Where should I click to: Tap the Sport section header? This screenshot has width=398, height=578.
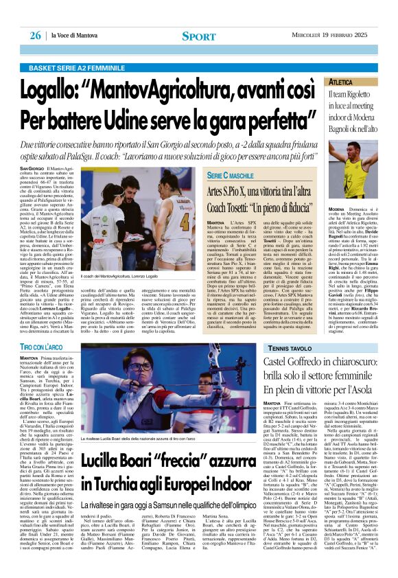198,36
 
